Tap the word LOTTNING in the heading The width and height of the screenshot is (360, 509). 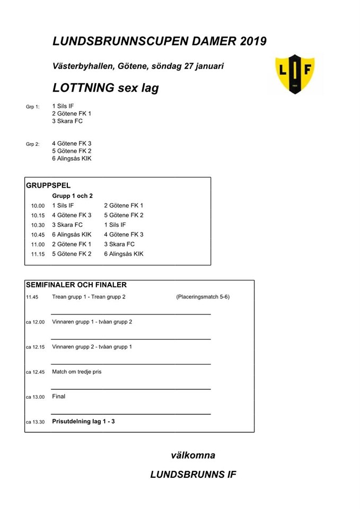84,87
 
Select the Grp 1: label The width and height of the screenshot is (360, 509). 33,107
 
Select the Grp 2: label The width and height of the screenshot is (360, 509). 33,144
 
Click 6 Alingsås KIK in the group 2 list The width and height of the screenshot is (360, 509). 72,159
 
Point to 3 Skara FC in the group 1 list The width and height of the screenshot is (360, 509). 67,121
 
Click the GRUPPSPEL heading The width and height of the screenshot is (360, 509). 48,186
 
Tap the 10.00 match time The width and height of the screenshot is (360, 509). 38,206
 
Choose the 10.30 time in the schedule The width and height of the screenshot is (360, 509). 38,225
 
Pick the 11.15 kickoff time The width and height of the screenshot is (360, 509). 38,254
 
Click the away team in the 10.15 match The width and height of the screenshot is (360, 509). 124,215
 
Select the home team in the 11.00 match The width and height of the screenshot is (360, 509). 72,244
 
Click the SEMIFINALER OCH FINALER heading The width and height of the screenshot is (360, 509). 76,285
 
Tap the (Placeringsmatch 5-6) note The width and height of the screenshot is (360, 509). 203,297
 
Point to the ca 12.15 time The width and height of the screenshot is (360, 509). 35,347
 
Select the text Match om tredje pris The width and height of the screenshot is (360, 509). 76,372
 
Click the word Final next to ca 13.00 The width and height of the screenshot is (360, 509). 59,396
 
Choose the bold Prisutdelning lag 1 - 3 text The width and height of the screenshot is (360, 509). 83,422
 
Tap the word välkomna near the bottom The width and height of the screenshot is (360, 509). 193,455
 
